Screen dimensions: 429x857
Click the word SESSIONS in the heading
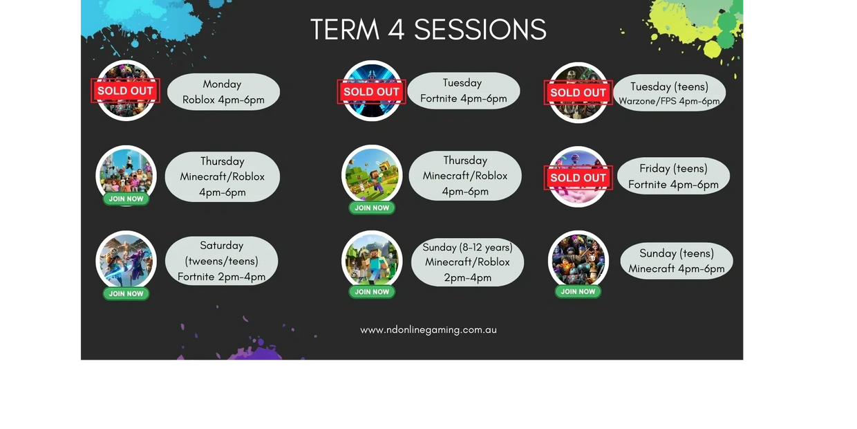480,30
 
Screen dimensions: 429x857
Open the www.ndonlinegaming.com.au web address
428,330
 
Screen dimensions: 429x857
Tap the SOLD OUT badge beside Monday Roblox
125,91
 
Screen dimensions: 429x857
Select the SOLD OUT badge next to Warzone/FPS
578,93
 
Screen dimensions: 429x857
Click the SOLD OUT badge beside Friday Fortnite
578,178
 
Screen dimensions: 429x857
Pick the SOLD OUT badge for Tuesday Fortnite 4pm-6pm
371,91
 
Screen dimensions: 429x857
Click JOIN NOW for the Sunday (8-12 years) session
372,292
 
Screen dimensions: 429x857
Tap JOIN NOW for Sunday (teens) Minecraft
578,292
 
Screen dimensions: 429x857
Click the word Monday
222,84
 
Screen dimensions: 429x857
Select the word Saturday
222,246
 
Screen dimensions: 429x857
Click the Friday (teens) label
673,169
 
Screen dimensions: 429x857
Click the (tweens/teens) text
222,262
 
